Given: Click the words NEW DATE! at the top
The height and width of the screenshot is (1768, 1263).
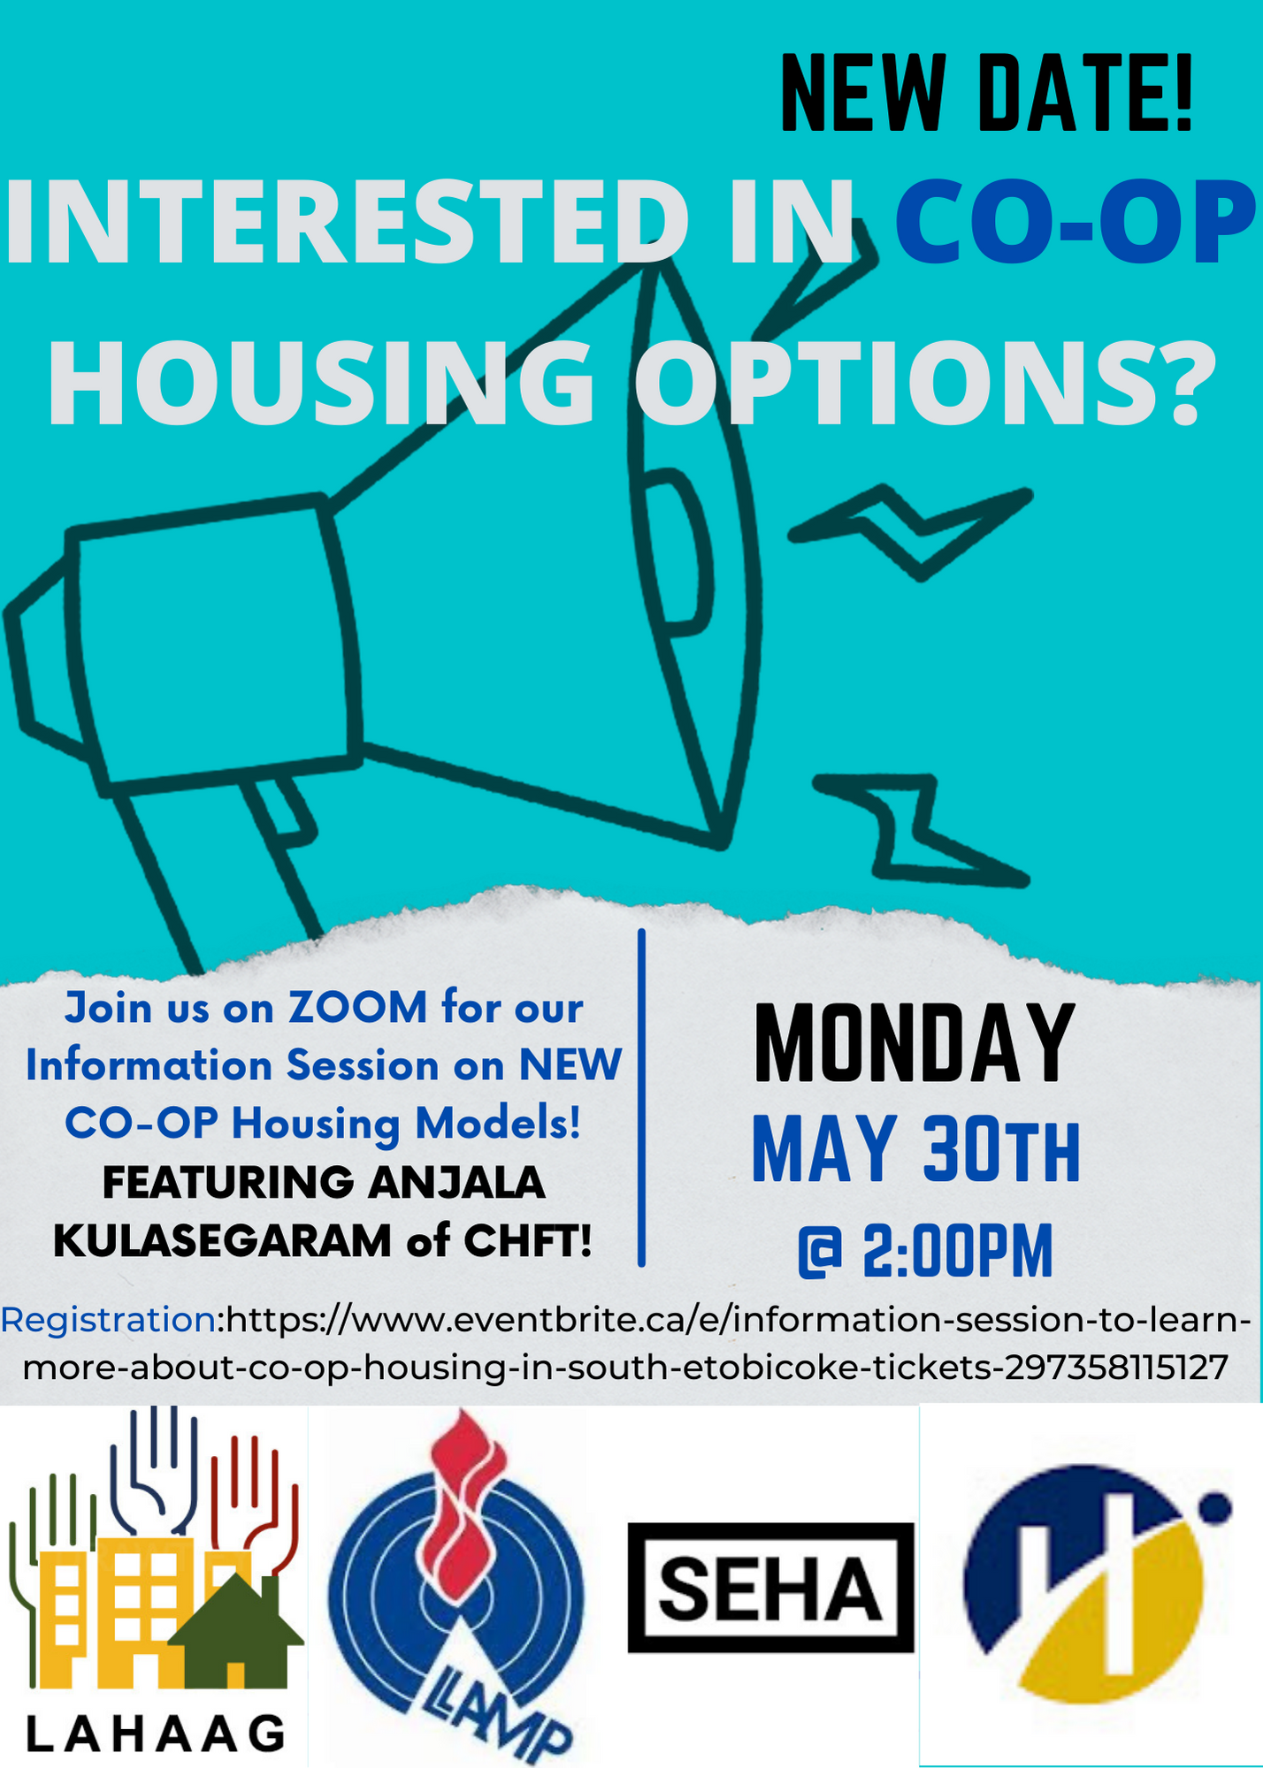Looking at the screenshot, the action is [986, 94].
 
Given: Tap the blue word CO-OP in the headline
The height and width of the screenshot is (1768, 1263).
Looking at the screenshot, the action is [1075, 222].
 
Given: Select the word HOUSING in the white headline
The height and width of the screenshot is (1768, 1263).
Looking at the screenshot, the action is [322, 383].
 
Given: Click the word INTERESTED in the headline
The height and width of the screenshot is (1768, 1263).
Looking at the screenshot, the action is [347, 222].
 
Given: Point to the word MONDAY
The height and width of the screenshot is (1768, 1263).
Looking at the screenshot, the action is [915, 1043].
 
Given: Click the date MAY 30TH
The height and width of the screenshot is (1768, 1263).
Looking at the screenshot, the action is [916, 1148].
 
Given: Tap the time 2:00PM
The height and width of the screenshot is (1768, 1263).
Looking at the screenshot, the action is [958, 1251].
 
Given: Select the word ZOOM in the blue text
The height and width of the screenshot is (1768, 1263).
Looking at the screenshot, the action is [358, 1008].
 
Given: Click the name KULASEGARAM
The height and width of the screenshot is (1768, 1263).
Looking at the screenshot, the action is [222, 1240].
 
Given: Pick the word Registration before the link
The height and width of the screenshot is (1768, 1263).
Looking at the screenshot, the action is [108, 1320].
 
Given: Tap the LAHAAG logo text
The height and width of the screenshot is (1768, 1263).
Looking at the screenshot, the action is [156, 1734].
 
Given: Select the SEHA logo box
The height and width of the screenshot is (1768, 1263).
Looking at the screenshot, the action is [770, 1587].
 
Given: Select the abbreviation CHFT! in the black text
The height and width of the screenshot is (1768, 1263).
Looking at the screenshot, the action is [528, 1240].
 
